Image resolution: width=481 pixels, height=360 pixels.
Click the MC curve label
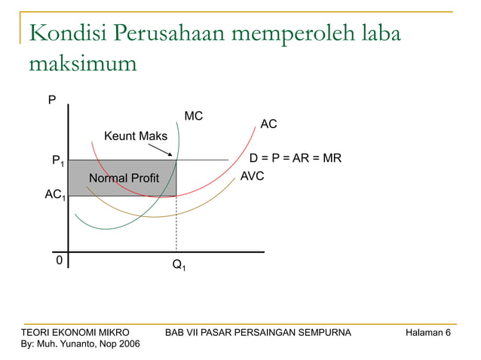[194, 116]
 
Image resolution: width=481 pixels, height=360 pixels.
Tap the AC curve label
[268, 124]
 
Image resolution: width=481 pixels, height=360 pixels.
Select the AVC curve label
[252, 176]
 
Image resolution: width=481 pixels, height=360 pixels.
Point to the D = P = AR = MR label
[296, 159]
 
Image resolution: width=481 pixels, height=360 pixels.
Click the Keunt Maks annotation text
[136, 136]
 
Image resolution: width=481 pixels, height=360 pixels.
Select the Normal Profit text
[124, 178]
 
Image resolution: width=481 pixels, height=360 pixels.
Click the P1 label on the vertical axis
[57, 161]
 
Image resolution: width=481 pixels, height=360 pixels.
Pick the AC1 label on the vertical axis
[54, 195]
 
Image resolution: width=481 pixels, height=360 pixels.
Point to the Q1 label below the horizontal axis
[179, 265]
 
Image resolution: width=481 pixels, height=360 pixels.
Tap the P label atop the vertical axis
[51, 99]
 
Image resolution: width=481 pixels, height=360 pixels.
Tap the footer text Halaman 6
[427, 332]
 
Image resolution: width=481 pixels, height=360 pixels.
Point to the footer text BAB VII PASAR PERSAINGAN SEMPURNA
[256, 332]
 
